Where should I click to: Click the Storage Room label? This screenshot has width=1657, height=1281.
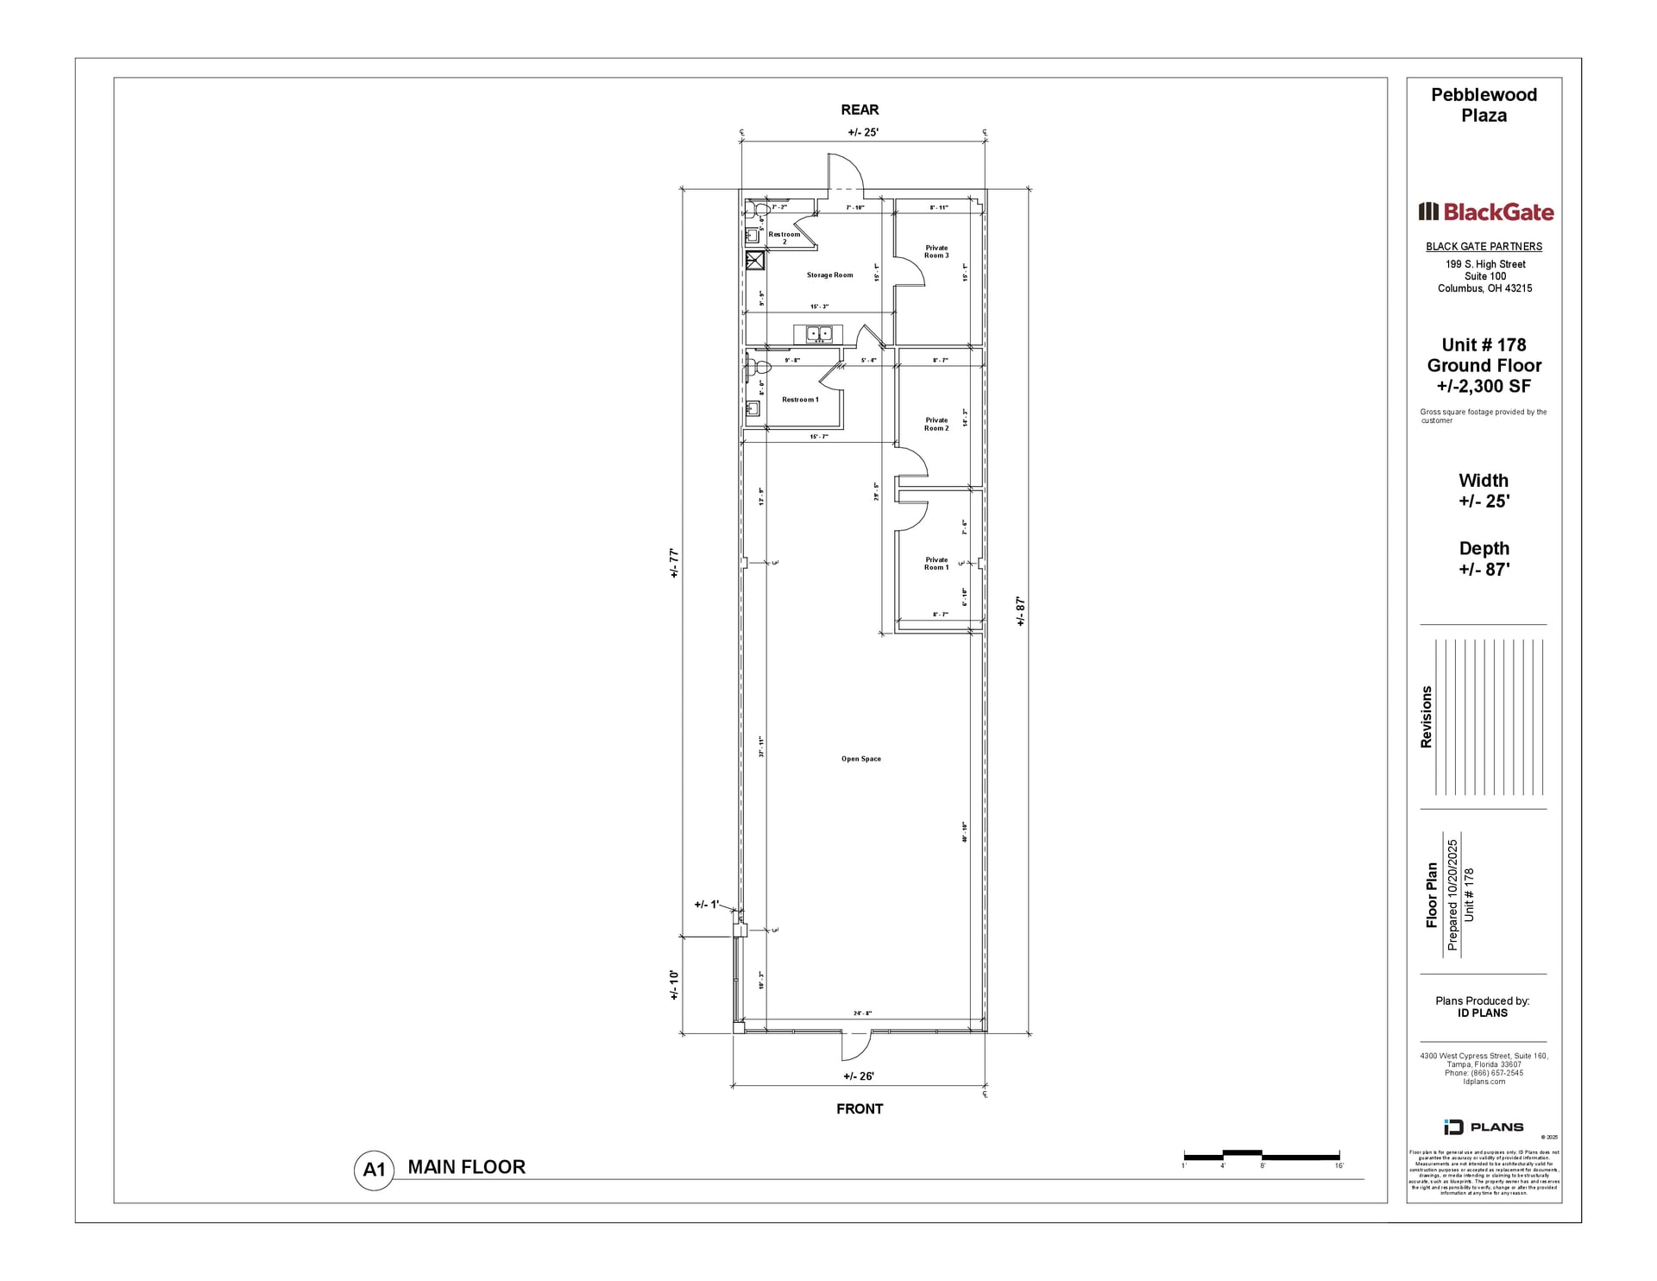[829, 275]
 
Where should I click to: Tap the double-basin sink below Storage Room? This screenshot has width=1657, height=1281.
[818, 333]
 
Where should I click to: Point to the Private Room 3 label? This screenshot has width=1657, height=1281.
[936, 251]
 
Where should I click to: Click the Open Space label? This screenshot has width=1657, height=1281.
[861, 759]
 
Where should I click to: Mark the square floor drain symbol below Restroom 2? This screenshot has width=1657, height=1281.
[755, 261]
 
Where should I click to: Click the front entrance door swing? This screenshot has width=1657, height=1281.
[855, 1046]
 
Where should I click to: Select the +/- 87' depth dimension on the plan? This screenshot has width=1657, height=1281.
[1020, 610]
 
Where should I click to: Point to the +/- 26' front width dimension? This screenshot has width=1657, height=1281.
[859, 1076]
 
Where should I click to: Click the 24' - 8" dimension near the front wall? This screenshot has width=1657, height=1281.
[862, 1013]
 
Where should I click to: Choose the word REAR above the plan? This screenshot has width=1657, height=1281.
[860, 110]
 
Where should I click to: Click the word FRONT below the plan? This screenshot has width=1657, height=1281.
[860, 1108]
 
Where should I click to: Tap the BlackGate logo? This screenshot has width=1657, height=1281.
[1485, 211]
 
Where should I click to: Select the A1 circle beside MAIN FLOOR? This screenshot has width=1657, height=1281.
[374, 1170]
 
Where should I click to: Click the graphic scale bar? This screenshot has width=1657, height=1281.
[1261, 1155]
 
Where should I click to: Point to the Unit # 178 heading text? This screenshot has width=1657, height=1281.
[1484, 344]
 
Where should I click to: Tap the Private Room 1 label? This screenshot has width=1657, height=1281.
[936, 564]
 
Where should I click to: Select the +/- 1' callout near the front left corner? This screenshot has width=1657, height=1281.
[706, 905]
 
